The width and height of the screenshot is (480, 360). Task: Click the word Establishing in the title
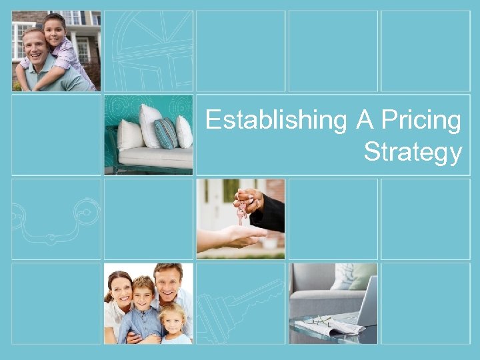click(276, 121)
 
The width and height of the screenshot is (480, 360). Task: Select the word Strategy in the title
click(413, 152)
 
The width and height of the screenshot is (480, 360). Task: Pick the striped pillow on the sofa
click(165, 133)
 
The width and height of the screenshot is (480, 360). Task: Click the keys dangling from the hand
click(241, 209)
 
